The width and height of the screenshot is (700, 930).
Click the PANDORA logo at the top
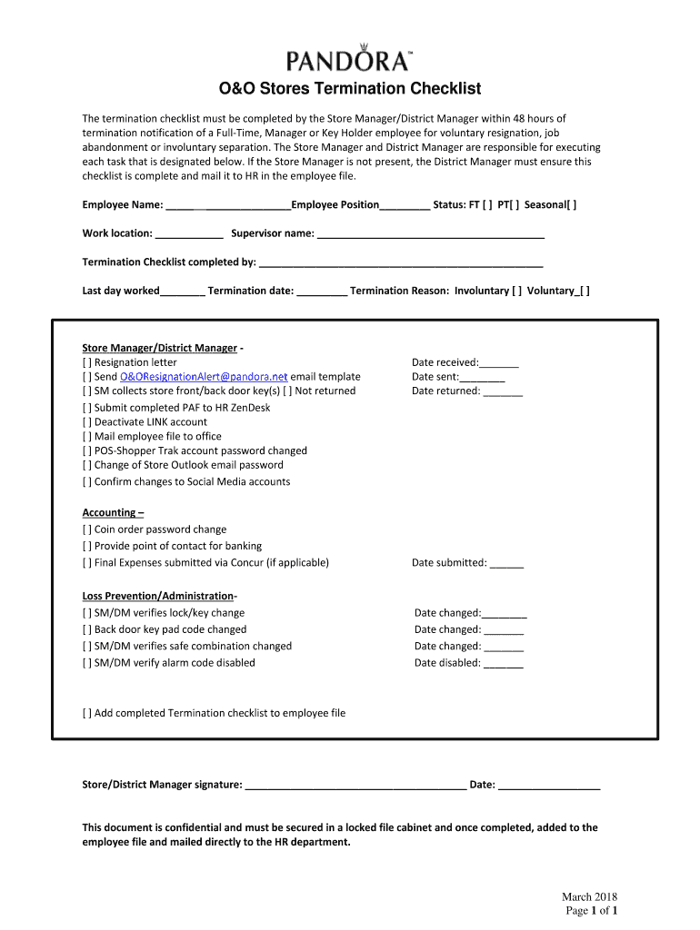(349, 59)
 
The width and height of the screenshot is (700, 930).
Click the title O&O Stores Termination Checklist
(350, 89)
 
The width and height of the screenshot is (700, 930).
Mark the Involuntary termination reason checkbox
(515, 292)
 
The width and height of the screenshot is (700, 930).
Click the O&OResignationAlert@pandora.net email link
(204, 377)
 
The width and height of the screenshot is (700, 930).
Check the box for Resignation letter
(87, 362)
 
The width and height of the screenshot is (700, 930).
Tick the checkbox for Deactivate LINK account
(87, 422)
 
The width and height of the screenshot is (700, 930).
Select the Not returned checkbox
(286, 391)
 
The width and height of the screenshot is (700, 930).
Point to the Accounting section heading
(107, 512)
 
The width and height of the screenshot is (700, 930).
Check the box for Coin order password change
(87, 529)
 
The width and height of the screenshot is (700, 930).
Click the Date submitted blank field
(506, 564)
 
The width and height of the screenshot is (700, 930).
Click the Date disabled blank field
(504, 664)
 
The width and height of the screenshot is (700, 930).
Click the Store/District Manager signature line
(355, 786)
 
